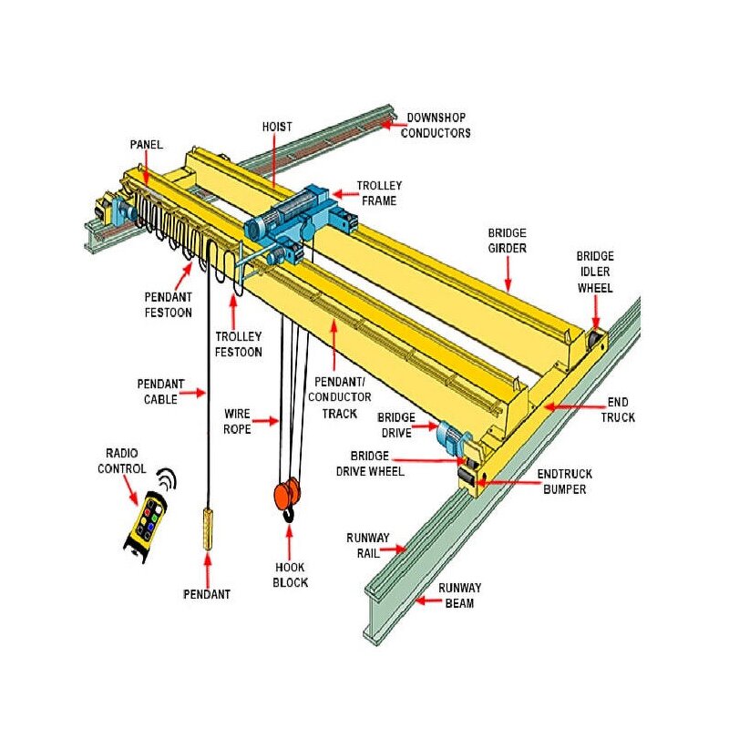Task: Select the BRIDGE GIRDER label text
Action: pyautogui.click(x=506, y=241)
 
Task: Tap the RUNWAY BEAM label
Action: pyautogui.click(x=459, y=595)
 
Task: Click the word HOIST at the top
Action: pyautogui.click(x=276, y=127)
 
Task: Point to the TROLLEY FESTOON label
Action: pyautogui.click(x=238, y=344)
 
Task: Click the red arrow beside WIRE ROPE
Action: pyautogui.click(x=265, y=421)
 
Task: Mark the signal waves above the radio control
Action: pyautogui.click(x=166, y=478)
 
